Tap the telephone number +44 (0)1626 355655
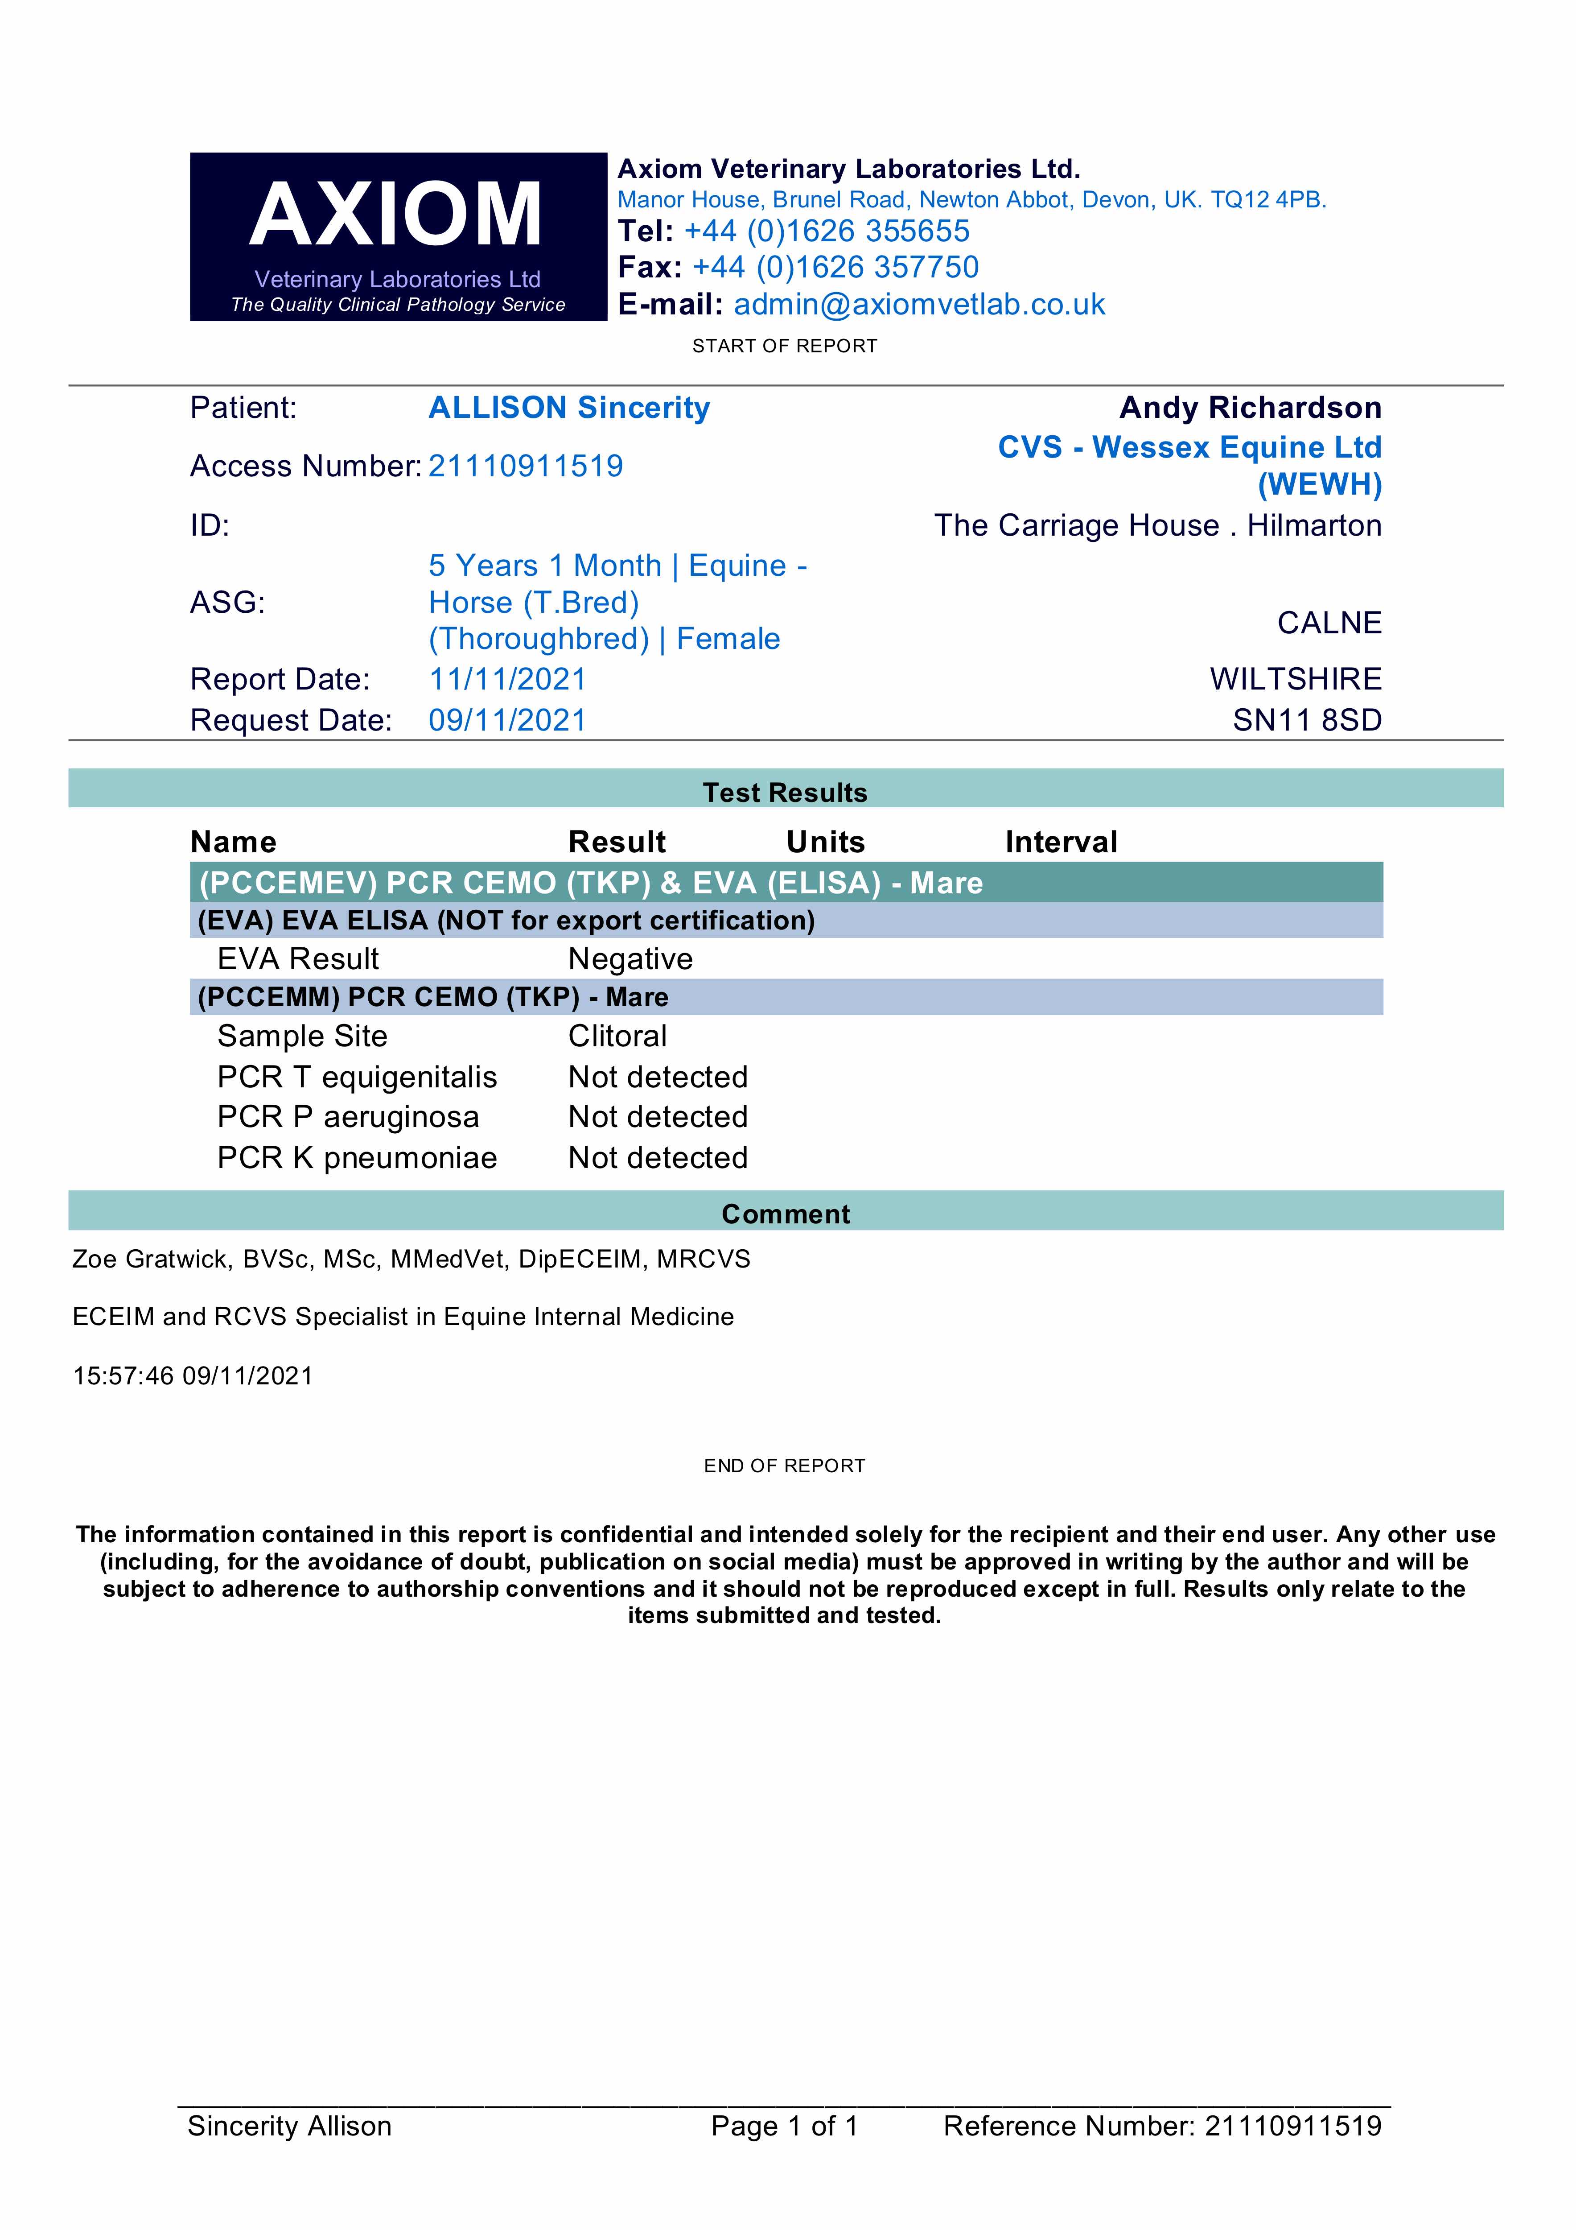(827, 231)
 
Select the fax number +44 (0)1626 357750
(835, 267)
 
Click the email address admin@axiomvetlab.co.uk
(918, 304)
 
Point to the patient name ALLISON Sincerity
(569, 408)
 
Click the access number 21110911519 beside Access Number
(525, 466)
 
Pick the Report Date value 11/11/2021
(507, 679)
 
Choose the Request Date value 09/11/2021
(507, 720)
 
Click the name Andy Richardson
(1250, 408)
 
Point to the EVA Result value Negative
(630, 958)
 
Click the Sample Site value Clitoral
(617, 1037)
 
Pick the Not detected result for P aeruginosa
(658, 1117)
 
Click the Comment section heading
(786, 1214)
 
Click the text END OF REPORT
(785, 1466)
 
